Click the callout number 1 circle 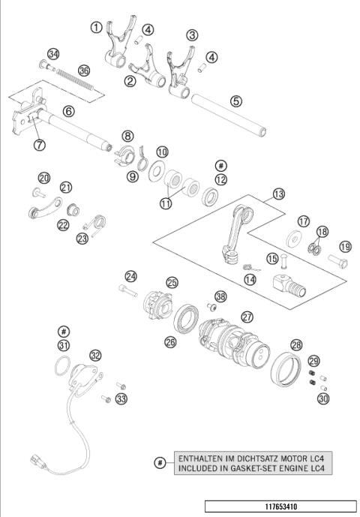pyautogui.click(x=97, y=28)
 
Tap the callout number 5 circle pyautogui.click(x=235, y=100)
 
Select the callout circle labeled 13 pyautogui.click(x=278, y=194)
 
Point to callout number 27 pyautogui.click(x=247, y=317)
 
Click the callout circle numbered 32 pyautogui.click(x=95, y=356)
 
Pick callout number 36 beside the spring pyautogui.click(x=84, y=71)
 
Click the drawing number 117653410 pyautogui.click(x=280, y=506)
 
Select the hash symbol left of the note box pyautogui.click(x=160, y=462)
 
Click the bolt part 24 pyautogui.click(x=127, y=287)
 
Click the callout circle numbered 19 pyautogui.click(x=345, y=246)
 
